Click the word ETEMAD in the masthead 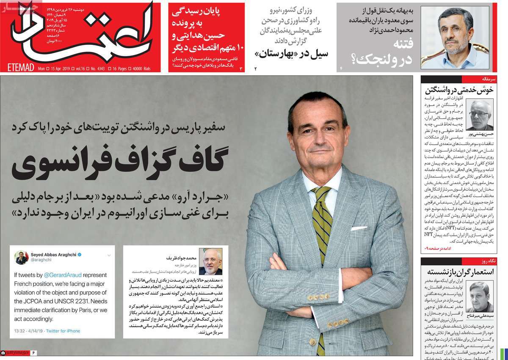pos(21,68)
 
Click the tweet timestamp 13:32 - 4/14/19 pos(28,331)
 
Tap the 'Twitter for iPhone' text pos(63,331)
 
